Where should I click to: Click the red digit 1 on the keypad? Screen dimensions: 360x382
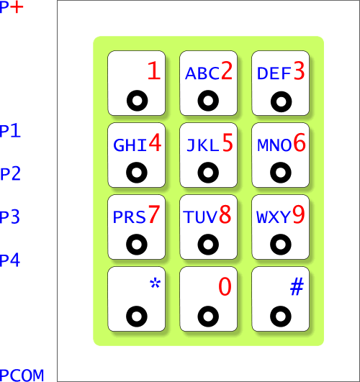(x=154, y=71)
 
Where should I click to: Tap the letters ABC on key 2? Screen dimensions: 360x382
(x=202, y=73)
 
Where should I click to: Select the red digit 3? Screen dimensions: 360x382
(x=300, y=71)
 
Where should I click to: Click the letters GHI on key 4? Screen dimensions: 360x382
(x=130, y=145)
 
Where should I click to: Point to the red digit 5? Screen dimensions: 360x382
(x=228, y=142)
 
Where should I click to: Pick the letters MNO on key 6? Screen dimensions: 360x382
(x=274, y=145)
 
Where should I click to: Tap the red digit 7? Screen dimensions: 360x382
(x=154, y=214)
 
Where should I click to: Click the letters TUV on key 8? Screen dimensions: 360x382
(x=200, y=217)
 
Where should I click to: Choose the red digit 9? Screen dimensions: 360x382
(x=299, y=214)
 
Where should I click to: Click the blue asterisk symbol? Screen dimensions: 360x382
(x=155, y=283)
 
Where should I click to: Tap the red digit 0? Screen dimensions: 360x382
(x=225, y=286)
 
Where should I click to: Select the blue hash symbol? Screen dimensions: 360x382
(x=297, y=286)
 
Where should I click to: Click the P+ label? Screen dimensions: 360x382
(x=12, y=7)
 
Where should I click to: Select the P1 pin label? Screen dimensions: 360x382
(x=10, y=131)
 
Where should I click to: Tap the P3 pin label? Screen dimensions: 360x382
(x=10, y=217)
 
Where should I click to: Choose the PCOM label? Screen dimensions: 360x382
(x=22, y=376)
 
